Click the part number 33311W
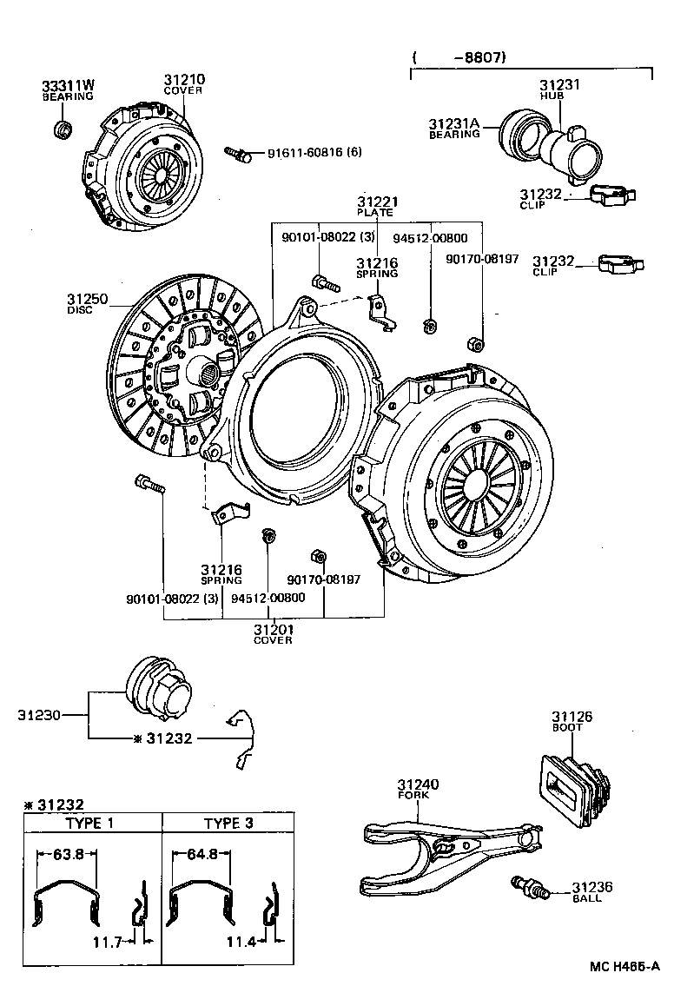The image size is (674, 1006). (68, 85)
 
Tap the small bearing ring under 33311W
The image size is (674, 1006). (63, 131)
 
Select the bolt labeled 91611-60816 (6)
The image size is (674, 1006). (237, 154)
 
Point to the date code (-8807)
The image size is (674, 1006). (460, 58)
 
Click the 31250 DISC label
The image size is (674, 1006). (87, 303)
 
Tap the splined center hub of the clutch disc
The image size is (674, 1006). (210, 376)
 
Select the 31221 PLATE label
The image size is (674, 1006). (375, 205)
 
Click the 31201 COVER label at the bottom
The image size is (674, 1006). (273, 633)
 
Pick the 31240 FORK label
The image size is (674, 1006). (418, 788)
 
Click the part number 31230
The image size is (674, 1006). (39, 716)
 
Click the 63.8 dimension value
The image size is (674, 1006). (68, 854)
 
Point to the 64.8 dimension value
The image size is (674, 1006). (202, 854)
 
